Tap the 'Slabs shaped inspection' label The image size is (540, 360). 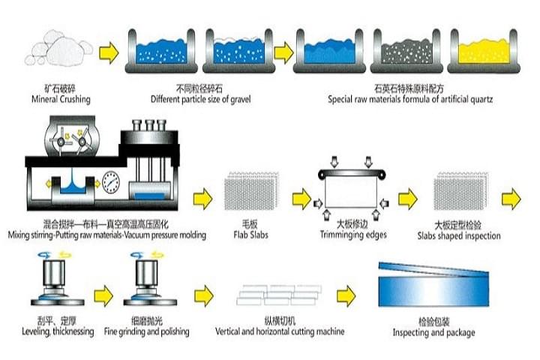[457, 235]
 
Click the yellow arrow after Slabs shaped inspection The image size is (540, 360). [511, 197]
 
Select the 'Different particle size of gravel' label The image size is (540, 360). [198, 99]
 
